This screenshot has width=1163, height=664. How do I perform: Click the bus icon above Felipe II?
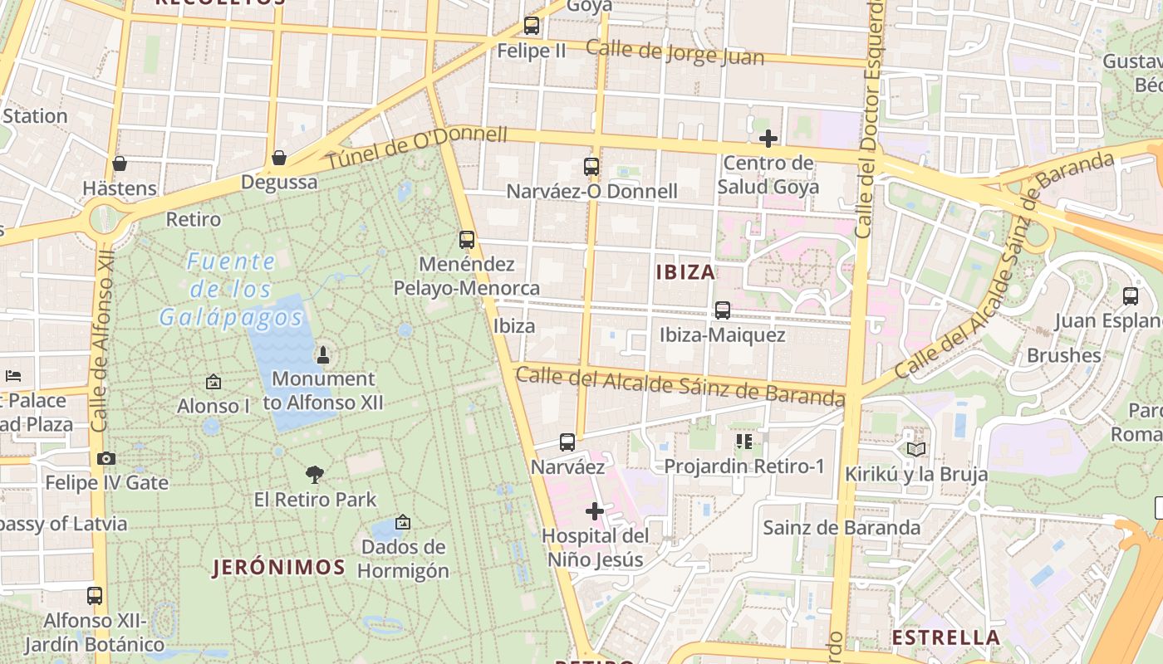pos(532,26)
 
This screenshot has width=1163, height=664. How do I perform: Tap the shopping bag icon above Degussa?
pos(279,158)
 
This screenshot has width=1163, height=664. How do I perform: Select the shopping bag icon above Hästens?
pos(120,164)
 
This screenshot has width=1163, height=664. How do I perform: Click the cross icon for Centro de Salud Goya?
pos(768,138)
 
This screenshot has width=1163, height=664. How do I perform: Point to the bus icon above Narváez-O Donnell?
pos(591,167)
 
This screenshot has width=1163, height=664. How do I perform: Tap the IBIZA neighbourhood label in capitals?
pos(685,272)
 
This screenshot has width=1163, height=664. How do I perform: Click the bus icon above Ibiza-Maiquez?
pos(723,310)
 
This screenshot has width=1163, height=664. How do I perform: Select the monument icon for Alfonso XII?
pos(323,355)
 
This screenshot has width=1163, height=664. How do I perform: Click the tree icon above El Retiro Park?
pos(314,475)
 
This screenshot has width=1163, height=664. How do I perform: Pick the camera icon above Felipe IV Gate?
pos(106,458)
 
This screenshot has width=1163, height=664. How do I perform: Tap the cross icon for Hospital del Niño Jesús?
pos(595,511)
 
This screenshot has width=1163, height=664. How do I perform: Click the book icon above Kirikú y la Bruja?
pos(916,449)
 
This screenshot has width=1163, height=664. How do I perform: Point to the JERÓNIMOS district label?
pos(278,568)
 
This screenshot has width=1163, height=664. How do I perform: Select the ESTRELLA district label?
pos(945,637)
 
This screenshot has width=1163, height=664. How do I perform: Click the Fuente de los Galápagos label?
pos(231,290)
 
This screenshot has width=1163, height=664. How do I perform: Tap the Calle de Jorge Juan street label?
pos(675,52)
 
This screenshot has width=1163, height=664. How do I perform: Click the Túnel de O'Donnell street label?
pos(415,149)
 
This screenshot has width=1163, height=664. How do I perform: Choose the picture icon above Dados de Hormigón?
pos(403,522)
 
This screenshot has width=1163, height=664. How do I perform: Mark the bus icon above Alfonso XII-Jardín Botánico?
pos(95,596)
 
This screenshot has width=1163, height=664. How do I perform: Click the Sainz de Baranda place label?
pos(842,528)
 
